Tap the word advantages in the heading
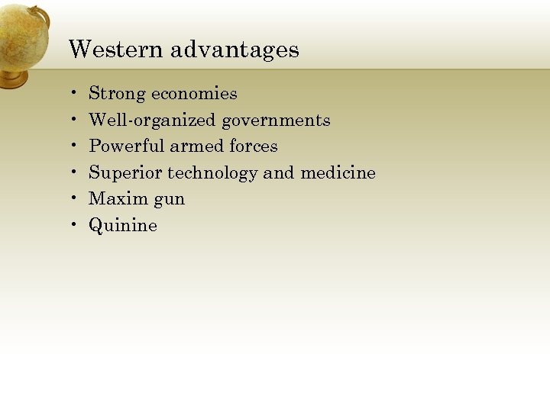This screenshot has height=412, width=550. (x=235, y=50)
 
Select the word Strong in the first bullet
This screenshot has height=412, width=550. (x=117, y=94)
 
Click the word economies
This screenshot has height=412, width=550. (x=194, y=94)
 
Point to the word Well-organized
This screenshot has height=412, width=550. (x=152, y=121)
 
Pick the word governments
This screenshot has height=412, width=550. (x=276, y=121)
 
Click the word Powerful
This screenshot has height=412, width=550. (x=126, y=146)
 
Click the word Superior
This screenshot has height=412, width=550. (x=125, y=173)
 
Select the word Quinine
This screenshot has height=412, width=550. (x=123, y=226)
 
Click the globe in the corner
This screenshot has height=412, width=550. (x=21, y=34)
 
